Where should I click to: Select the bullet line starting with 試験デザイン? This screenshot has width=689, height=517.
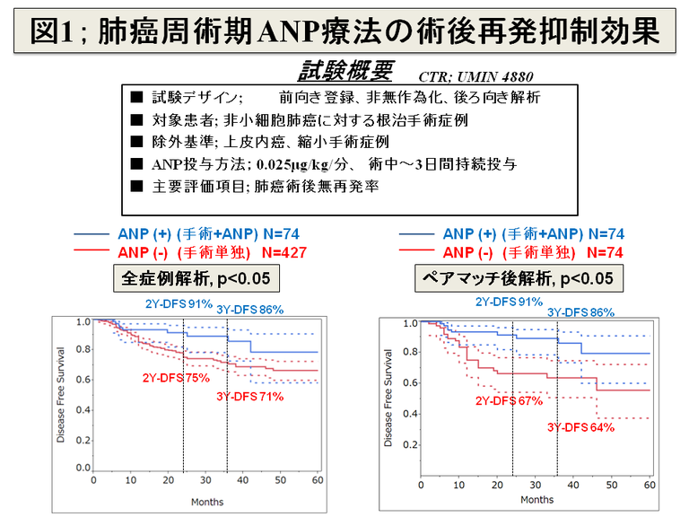[345, 97]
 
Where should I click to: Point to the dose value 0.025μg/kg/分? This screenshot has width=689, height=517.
[304, 163]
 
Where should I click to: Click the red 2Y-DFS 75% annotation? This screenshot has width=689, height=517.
[174, 378]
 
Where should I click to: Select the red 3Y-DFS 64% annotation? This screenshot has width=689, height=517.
[581, 427]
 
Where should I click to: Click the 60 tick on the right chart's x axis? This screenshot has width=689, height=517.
[650, 484]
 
